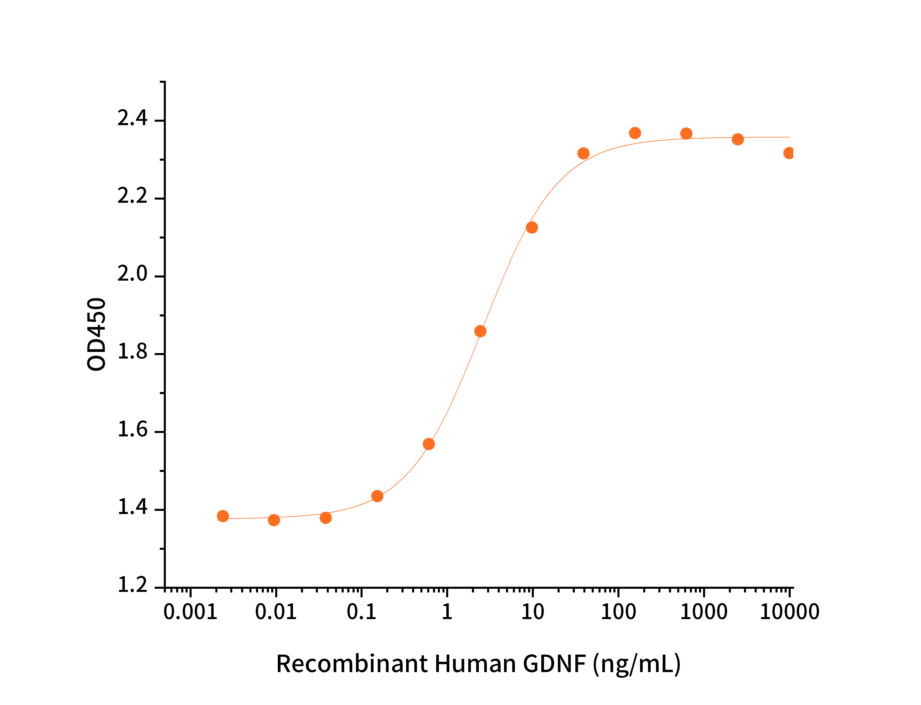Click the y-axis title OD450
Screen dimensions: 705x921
pos(97,334)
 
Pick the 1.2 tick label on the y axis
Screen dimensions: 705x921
pos(132,585)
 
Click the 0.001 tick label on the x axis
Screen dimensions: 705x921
pos(190,612)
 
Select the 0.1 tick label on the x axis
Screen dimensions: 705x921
pos(361,612)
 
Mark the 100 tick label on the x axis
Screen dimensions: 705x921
pos(618,612)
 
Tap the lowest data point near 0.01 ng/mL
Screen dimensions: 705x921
pos(273,520)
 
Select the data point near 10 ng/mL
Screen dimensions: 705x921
pos(531,227)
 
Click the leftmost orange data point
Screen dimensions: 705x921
pos(223,516)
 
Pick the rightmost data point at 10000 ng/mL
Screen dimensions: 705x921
pos(788,153)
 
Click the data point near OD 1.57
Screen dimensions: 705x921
pos(428,444)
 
